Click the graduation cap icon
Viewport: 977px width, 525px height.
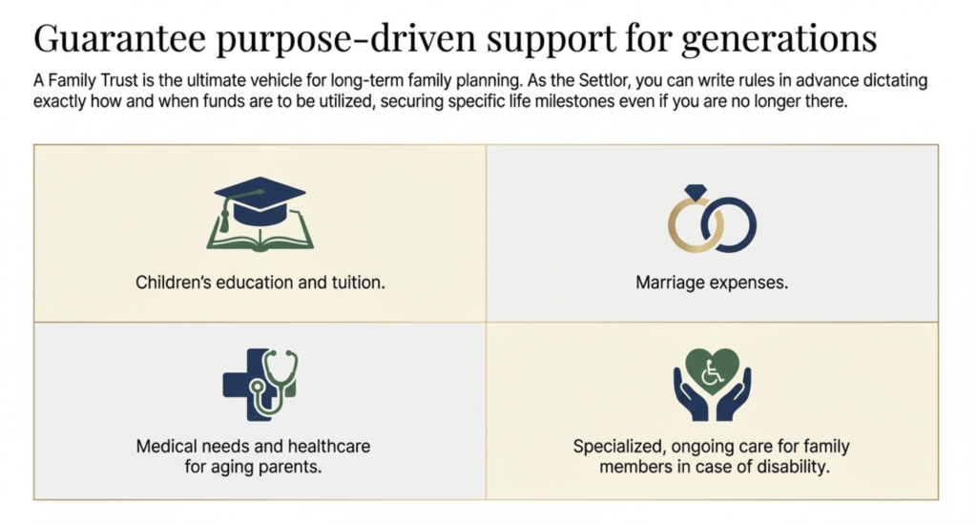coord(260,201)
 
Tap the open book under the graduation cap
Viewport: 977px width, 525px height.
coord(260,235)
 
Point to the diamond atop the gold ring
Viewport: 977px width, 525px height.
coord(696,193)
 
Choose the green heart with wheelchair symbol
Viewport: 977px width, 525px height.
coord(712,368)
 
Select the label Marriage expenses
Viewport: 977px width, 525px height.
coord(712,283)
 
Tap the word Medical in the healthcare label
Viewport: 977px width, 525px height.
coord(165,446)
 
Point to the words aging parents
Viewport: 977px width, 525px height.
coord(276,467)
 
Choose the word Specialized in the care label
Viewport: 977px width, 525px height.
coord(614,446)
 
